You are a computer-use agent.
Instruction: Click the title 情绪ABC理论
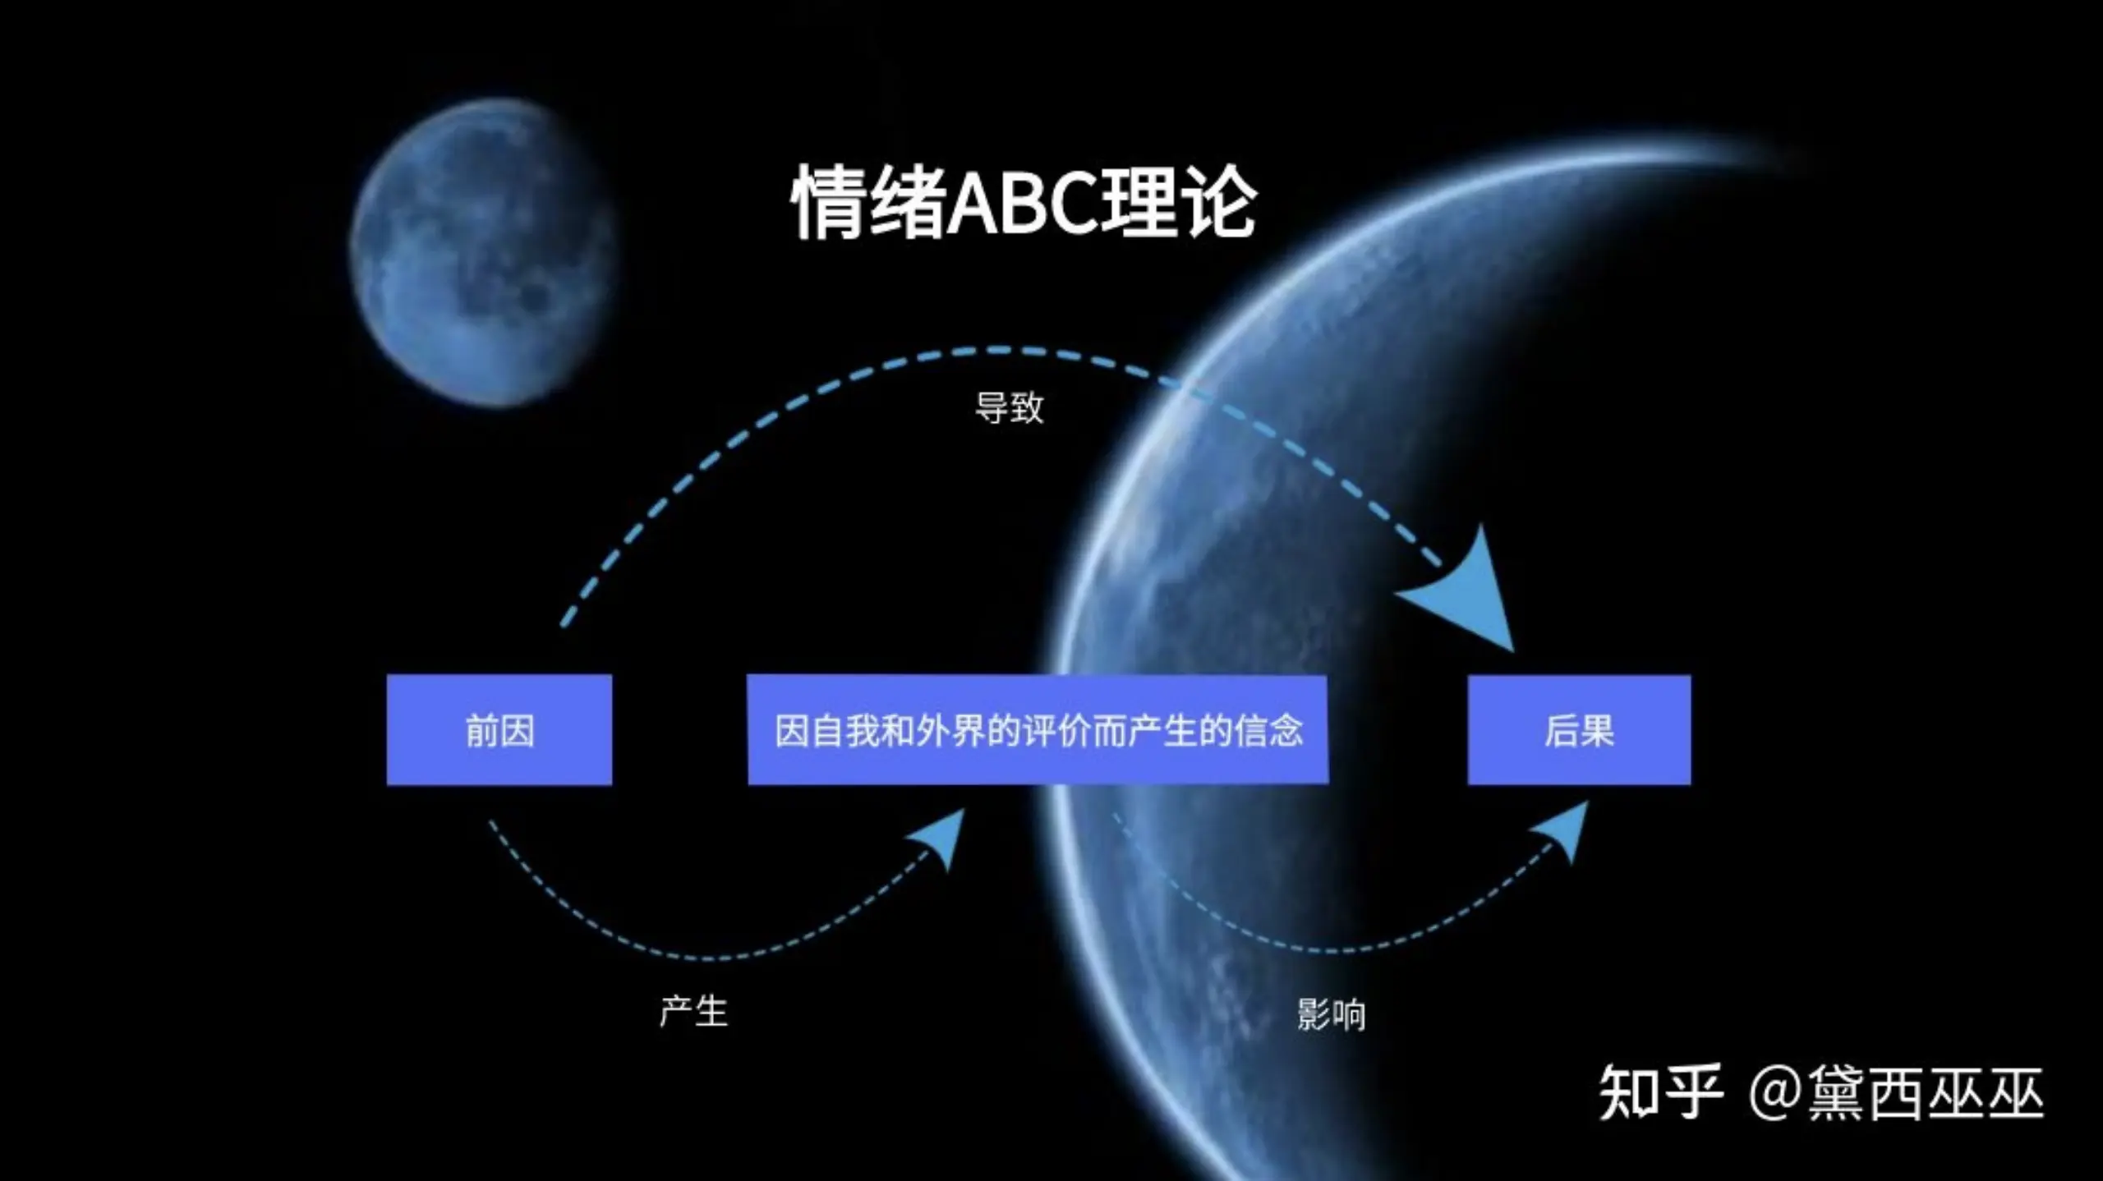[x=1024, y=201]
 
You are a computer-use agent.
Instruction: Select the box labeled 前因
[x=499, y=730]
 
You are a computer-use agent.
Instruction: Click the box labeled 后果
[x=1579, y=730]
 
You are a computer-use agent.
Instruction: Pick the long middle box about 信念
[x=1038, y=730]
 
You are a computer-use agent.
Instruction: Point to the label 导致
[x=1009, y=407]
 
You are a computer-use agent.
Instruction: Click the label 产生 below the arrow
[x=693, y=1011]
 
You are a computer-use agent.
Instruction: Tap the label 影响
[x=1331, y=1014]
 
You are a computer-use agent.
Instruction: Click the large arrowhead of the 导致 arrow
[x=1470, y=595]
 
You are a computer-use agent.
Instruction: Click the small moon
[x=483, y=252]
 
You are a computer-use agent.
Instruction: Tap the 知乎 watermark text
[x=1659, y=1092]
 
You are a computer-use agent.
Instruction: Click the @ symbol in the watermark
[x=1775, y=1094]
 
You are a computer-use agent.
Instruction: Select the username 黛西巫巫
[x=1925, y=1092]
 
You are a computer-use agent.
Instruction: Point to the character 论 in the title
[x=1219, y=202]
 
